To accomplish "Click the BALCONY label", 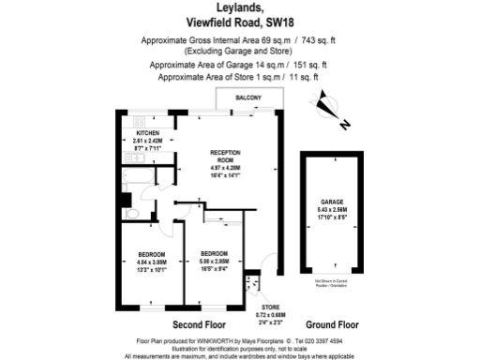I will coord(247,98).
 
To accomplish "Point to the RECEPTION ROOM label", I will coord(227,155).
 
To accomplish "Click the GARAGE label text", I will coord(330,200).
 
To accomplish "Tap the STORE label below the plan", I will coord(270,306).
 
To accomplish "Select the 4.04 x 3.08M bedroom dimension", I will coord(152,262).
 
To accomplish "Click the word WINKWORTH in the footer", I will coord(205,340).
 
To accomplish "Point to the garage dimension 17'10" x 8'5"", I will coord(330,214).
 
